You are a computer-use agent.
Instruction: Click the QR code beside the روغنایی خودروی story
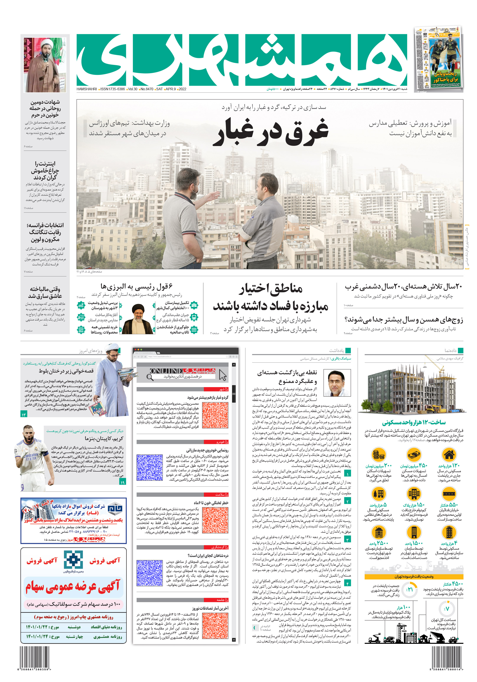tap(150, 467)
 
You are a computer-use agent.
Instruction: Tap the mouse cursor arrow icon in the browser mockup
tap(223, 375)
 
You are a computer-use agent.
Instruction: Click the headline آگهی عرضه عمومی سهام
tap(73, 586)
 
